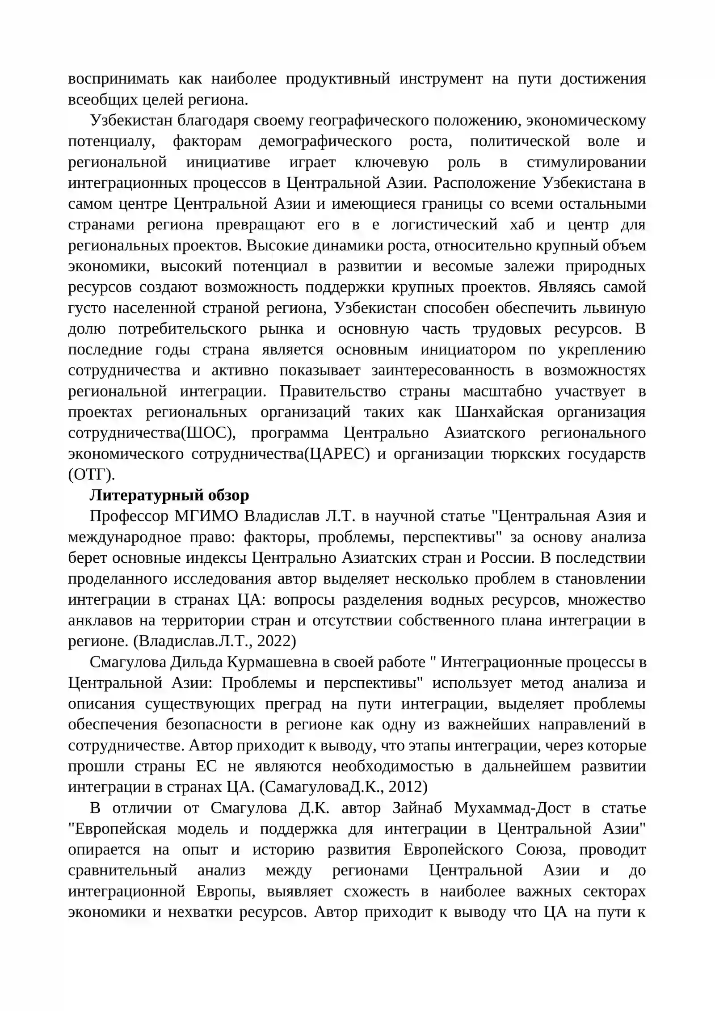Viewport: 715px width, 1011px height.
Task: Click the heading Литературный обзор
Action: pos(169,495)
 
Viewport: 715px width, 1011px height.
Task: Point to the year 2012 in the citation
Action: pos(405,788)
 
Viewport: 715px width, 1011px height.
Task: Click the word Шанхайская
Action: pos(499,412)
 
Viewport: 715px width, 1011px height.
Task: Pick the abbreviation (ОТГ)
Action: pos(91,474)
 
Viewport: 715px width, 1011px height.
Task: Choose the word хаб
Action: pos(522,224)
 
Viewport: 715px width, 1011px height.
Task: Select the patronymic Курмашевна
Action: pos(272,662)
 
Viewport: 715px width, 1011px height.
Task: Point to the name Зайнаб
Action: pos(417,808)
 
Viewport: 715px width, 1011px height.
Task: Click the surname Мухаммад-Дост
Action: pos(512,808)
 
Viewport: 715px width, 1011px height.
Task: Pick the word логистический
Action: pos(444,224)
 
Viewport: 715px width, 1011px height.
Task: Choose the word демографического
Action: pos(325,141)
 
